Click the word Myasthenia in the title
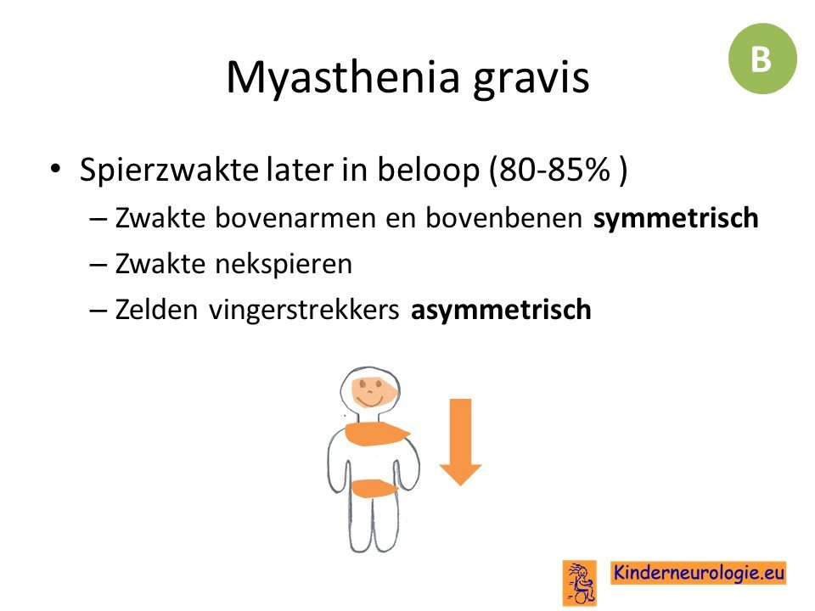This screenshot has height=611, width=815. (x=344, y=78)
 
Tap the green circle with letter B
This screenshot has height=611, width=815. (x=762, y=59)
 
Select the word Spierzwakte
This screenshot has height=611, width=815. (x=169, y=170)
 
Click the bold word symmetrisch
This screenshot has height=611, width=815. (x=676, y=218)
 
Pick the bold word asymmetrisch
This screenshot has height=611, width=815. (x=501, y=311)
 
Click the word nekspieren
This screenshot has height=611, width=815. (x=284, y=265)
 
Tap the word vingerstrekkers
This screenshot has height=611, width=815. (x=304, y=311)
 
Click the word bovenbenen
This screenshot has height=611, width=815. (x=503, y=218)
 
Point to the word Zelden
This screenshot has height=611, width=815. (x=156, y=310)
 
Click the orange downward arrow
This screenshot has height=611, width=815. (x=460, y=441)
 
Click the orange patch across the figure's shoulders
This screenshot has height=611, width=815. (x=377, y=434)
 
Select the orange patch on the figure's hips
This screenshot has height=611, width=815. (x=374, y=489)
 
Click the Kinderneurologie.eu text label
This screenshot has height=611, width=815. (x=698, y=573)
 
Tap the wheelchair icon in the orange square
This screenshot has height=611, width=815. (x=580, y=583)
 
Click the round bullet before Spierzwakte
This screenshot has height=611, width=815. (x=55, y=169)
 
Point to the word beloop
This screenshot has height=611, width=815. (x=428, y=170)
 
